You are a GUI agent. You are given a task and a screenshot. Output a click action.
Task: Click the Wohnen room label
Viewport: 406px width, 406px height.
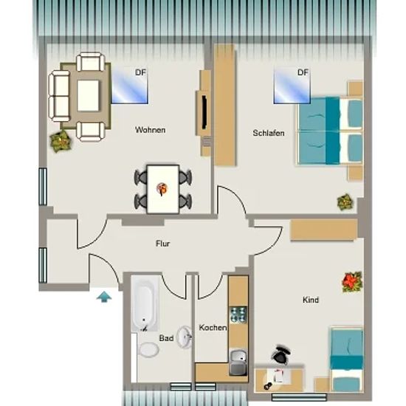click(150, 130)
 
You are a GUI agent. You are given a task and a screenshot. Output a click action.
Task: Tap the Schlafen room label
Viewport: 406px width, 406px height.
click(269, 133)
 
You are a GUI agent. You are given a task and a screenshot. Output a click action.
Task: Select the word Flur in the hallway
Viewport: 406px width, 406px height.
click(163, 244)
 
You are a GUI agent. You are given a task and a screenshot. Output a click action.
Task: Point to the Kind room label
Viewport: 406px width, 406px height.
click(311, 300)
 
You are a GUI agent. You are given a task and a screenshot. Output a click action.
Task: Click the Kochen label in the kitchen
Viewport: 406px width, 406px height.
click(213, 328)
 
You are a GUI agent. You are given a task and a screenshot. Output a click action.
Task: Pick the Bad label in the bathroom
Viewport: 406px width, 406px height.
click(166, 338)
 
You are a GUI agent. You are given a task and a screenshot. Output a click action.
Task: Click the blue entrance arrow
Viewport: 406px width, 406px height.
click(104, 297)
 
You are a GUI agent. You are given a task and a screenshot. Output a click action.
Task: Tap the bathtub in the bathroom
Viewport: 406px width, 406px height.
click(145, 303)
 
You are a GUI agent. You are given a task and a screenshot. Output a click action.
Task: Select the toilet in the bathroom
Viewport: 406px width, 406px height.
click(148, 350)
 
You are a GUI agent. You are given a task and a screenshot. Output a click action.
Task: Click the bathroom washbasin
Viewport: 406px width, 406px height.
click(185, 337)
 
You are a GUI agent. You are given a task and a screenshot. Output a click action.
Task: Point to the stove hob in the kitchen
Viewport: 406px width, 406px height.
click(238, 314)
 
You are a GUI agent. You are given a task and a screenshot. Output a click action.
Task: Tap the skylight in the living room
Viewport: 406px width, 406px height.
click(129, 86)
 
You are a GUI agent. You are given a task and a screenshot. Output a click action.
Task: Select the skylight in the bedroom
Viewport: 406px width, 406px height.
click(292, 86)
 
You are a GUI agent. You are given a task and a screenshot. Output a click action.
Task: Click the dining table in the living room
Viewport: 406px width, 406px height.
click(163, 189)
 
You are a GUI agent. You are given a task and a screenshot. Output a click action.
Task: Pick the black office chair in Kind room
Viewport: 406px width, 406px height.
click(281, 354)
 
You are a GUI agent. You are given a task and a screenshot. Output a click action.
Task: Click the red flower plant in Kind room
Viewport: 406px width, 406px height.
click(352, 282)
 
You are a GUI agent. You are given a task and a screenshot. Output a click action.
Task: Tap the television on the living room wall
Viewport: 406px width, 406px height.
click(204, 113)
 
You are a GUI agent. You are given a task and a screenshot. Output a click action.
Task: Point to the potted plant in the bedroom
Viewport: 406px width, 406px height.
click(345, 202)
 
